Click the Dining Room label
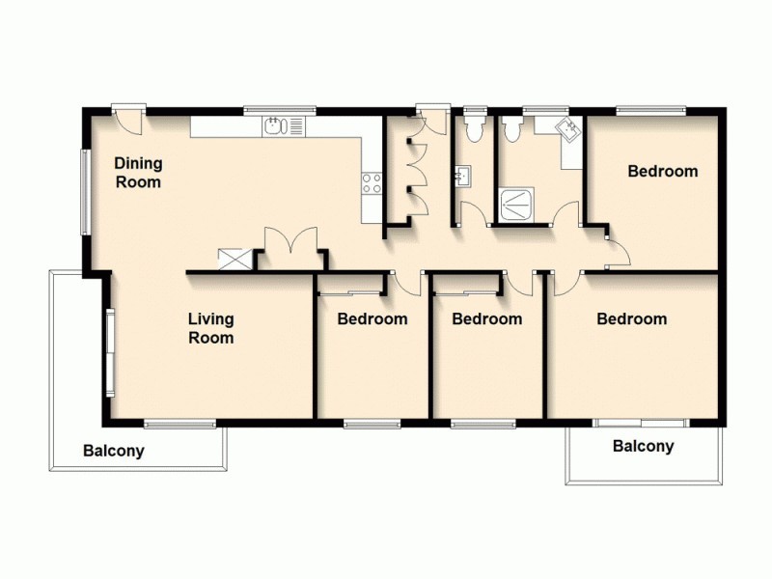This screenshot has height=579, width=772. click(x=138, y=172)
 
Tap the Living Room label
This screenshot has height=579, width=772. click(x=210, y=328)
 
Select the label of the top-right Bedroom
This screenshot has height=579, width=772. click(x=662, y=172)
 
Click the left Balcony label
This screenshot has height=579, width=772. click(x=113, y=451)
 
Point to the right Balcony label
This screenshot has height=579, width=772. click(x=643, y=446)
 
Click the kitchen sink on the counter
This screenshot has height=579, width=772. click(x=276, y=125)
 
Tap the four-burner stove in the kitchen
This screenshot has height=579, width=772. click(x=372, y=182)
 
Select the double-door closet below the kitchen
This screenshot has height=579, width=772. click(x=291, y=247)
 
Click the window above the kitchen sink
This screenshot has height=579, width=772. click(x=280, y=108)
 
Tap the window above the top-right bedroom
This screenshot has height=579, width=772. click(x=651, y=108)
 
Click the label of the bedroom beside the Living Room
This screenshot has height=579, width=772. click(x=372, y=318)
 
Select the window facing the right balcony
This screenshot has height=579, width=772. click(x=640, y=422)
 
